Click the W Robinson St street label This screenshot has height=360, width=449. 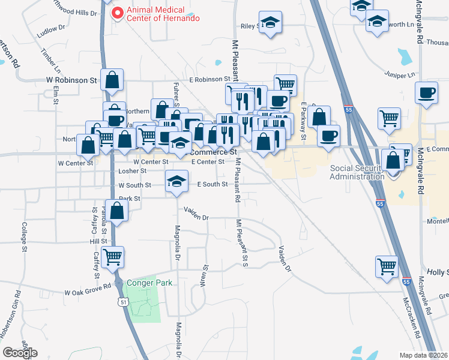pyautogui.click(x=71, y=79)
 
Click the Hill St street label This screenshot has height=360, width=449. pyautogui.click(x=98, y=241)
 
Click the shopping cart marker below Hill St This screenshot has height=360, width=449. pyautogui.click(x=113, y=257)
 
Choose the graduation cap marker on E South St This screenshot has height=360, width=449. pyautogui.click(x=176, y=181)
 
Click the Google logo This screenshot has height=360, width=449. pyautogui.click(x=20, y=352)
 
